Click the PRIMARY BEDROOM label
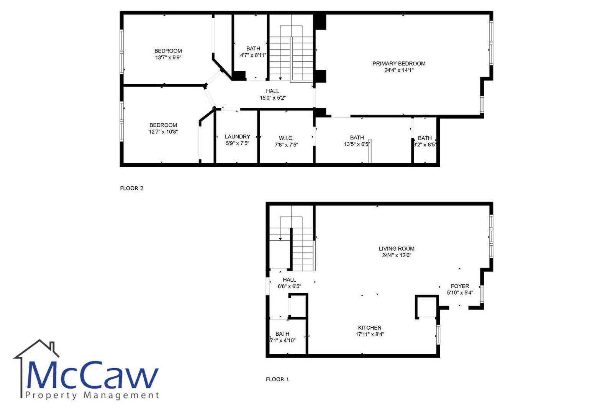click(399, 64)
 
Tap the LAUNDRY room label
click(238, 136)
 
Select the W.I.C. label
click(286, 138)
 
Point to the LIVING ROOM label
click(397, 249)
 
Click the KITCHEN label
click(370, 328)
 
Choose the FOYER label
click(460, 286)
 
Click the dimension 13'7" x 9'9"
click(168, 57)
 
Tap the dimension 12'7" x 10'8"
click(163, 132)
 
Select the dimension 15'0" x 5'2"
click(273, 98)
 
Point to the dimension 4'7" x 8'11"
click(253, 55)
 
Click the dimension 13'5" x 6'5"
click(357, 144)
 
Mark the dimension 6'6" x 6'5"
click(289, 286)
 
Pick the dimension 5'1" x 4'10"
click(282, 341)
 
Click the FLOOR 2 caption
click(132, 188)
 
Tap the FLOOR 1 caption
click(277, 379)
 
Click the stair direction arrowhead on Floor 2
click(280, 79)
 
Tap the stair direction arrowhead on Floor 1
click(280, 239)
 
